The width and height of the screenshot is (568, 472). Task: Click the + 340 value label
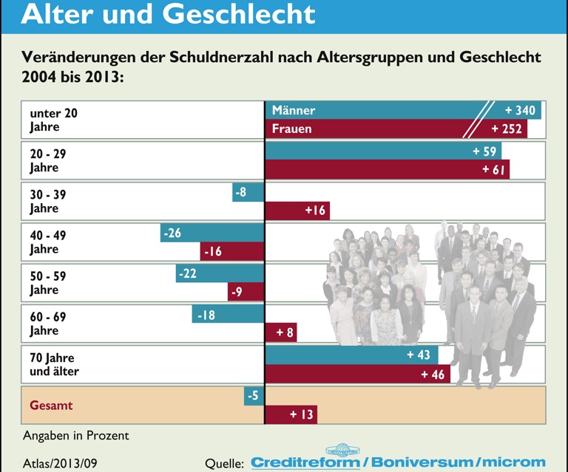[x=520, y=110]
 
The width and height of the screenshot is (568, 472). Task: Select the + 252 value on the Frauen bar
[x=507, y=129]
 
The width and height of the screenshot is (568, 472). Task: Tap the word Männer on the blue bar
[x=294, y=110]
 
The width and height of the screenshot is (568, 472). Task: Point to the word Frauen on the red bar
[x=292, y=129]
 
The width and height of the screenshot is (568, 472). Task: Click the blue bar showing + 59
[x=383, y=151]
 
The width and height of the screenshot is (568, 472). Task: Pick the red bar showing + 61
[x=387, y=170]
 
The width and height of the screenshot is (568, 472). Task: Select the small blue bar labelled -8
[x=248, y=193]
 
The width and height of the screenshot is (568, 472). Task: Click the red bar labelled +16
[x=297, y=211]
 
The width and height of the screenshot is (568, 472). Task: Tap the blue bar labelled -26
[x=212, y=233]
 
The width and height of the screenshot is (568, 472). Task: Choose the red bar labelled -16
[x=232, y=252]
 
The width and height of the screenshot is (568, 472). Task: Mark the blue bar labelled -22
[x=220, y=273]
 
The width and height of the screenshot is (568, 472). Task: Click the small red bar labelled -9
[x=246, y=292]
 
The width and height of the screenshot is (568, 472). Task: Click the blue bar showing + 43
[x=351, y=355]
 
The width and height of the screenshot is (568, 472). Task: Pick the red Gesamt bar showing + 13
[x=291, y=414]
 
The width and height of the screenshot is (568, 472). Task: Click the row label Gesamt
[x=52, y=406]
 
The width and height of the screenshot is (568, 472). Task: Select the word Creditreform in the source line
[x=305, y=463]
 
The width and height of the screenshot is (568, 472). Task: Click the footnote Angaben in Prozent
[x=75, y=435]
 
